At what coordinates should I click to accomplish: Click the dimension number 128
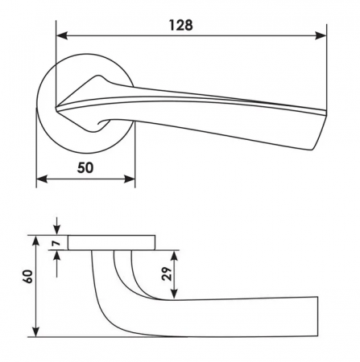tap(180, 25)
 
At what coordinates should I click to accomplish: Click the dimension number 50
tap(85, 168)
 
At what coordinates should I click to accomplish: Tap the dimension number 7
tap(56, 243)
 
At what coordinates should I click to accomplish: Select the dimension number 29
tap(167, 274)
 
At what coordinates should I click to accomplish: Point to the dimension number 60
tap(28, 277)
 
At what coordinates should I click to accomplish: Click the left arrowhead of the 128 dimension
tap(62, 35)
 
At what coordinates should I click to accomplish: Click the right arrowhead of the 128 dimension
tap(321, 35)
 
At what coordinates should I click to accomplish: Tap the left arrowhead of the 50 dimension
tap(42, 179)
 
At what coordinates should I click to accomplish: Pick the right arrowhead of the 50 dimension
tap(129, 179)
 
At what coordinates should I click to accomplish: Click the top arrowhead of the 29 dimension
tap(175, 257)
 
